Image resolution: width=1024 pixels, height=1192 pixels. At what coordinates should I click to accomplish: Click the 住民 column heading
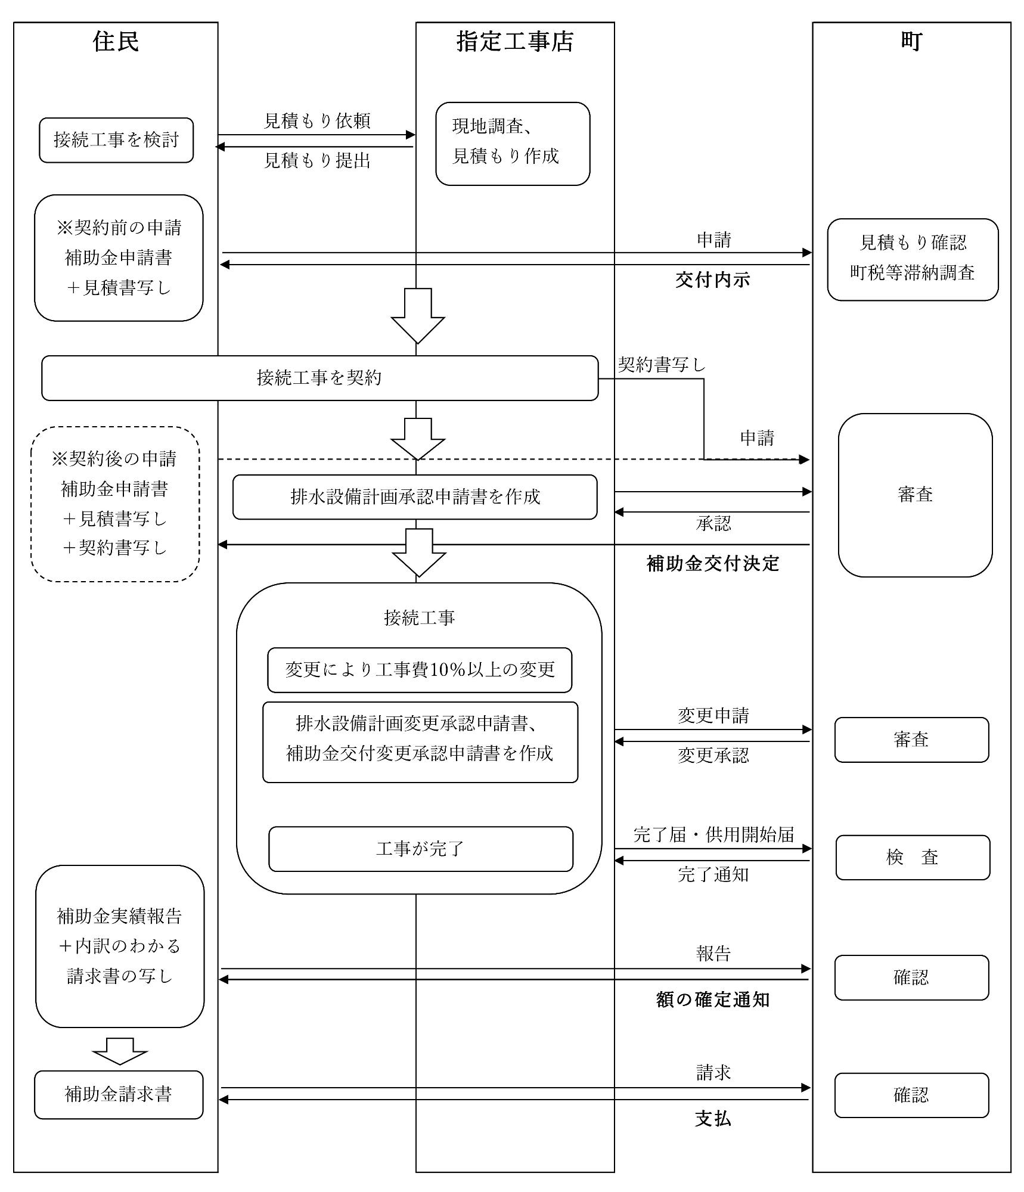tap(116, 42)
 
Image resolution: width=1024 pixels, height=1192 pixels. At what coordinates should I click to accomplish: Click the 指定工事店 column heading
tap(514, 42)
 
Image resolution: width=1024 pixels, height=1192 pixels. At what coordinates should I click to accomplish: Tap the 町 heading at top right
tap(911, 42)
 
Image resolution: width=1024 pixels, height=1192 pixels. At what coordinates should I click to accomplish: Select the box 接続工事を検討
tap(116, 140)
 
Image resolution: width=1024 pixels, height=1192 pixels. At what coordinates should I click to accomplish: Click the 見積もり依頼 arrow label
tap(317, 121)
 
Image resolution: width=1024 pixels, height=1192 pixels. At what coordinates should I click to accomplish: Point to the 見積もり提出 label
tap(317, 160)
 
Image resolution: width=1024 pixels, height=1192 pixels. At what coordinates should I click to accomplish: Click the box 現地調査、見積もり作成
tap(512, 144)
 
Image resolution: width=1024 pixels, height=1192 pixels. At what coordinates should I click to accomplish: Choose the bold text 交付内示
tap(712, 280)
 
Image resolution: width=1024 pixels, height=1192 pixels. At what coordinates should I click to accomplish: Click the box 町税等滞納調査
tap(912, 260)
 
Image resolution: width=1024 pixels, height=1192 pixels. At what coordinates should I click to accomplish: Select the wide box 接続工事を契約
tap(319, 378)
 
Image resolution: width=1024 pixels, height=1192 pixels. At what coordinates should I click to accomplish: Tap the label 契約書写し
tap(662, 364)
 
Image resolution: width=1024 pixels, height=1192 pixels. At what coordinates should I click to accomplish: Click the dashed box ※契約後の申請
tap(115, 504)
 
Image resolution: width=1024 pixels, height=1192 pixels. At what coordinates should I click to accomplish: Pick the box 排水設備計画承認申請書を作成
tap(415, 497)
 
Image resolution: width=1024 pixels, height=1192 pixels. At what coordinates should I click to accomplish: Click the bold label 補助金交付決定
tap(713, 563)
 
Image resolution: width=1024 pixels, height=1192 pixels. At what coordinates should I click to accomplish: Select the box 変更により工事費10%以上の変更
tap(420, 670)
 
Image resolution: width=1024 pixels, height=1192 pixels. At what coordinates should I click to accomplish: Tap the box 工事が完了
tap(420, 849)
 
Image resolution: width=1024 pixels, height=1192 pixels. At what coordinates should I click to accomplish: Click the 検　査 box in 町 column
tap(912, 857)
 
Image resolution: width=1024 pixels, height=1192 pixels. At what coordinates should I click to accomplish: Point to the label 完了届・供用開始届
tap(713, 834)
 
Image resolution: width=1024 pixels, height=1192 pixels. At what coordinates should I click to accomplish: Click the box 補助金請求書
tap(119, 1094)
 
